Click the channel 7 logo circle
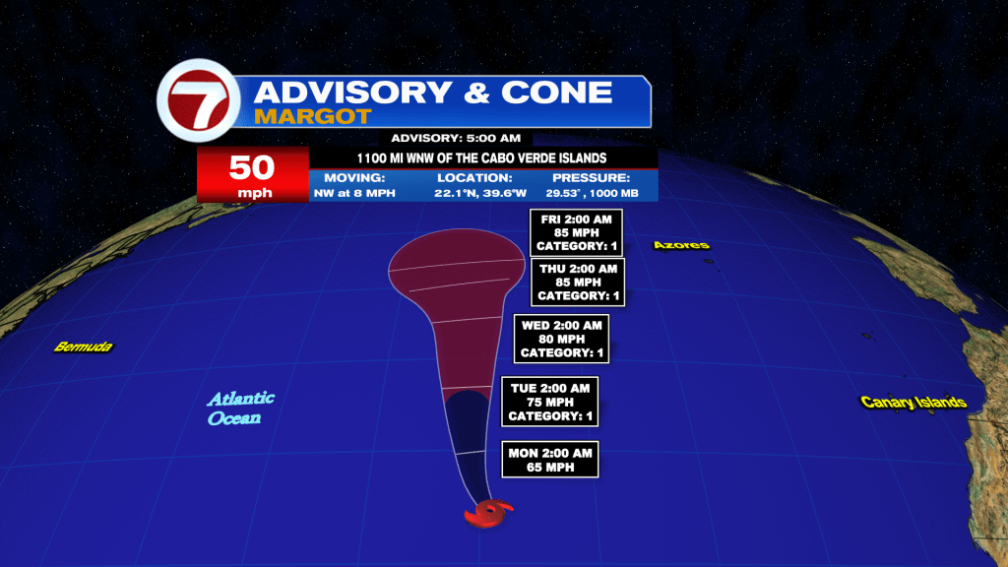(x=199, y=100)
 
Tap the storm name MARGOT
(x=312, y=116)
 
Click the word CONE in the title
(x=557, y=92)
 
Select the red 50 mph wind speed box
(x=253, y=174)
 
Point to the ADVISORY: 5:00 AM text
(x=456, y=138)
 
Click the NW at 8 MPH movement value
(x=354, y=193)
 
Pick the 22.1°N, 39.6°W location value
(x=480, y=193)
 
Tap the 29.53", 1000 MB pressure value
(x=592, y=193)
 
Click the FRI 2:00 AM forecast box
(x=576, y=232)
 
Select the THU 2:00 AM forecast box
(x=578, y=283)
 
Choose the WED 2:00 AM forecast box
(x=561, y=339)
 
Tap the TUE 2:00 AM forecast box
(x=549, y=402)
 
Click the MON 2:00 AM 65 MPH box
(x=549, y=460)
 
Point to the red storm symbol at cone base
(x=488, y=514)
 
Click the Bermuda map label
(x=83, y=347)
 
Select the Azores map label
(x=681, y=245)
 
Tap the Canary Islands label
(x=913, y=403)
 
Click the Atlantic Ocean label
(x=240, y=409)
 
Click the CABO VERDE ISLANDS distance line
(x=481, y=158)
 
